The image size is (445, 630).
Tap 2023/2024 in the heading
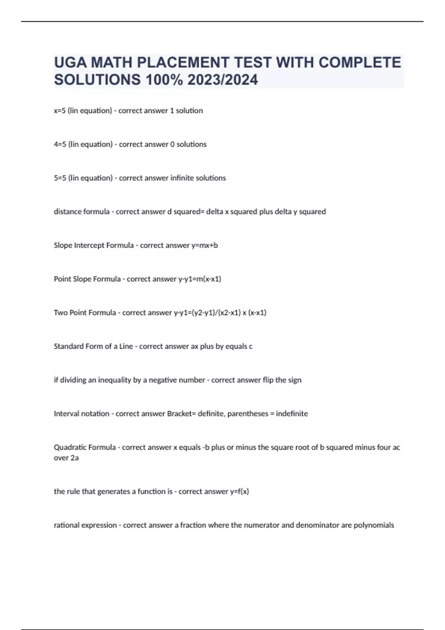coord(222,80)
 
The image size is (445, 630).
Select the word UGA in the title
coord(70,62)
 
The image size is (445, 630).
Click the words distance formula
coord(82,212)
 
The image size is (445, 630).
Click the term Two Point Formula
coord(85,313)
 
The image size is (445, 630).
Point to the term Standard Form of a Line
coord(93,346)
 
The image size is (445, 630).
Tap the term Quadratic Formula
coord(85,447)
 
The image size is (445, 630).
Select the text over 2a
coord(66,458)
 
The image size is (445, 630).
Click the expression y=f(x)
coord(240,491)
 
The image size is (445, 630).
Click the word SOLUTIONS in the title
coord(98,80)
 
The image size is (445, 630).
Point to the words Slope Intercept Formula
coord(93,245)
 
